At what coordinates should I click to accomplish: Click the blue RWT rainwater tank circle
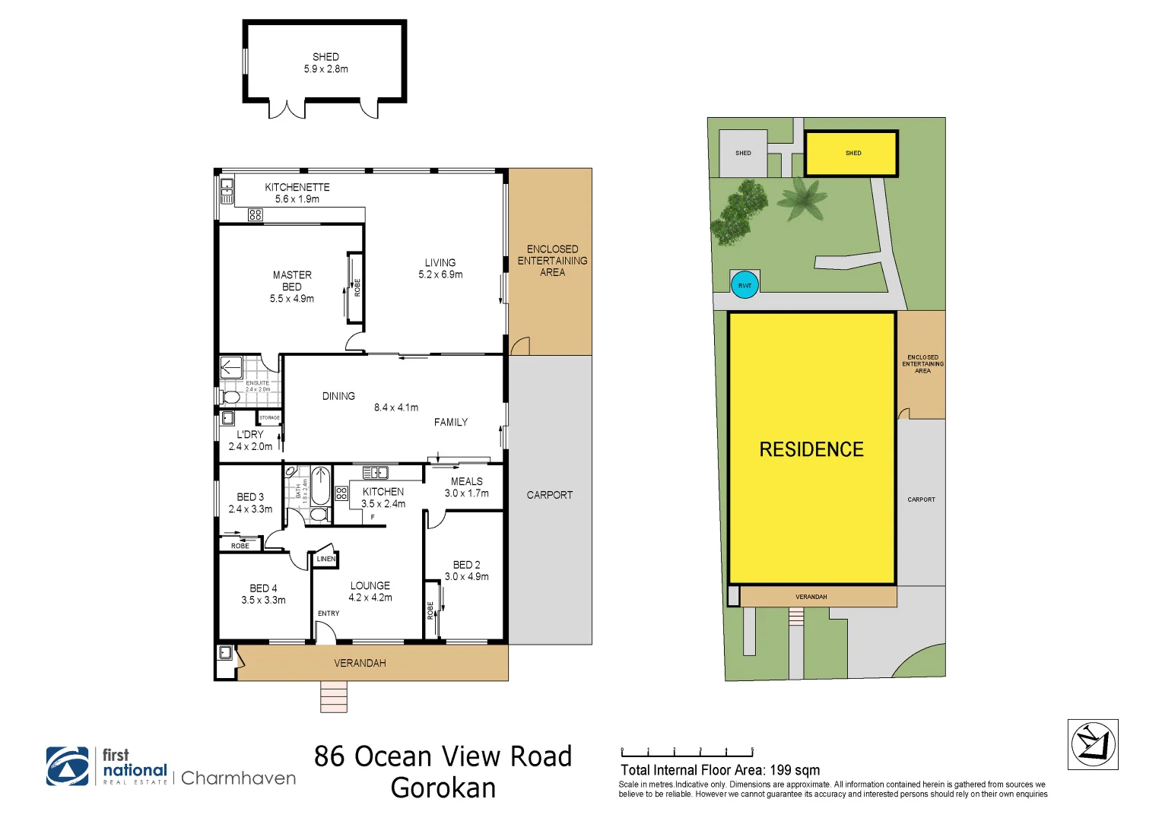[745, 285]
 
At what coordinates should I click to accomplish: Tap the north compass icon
[1093, 744]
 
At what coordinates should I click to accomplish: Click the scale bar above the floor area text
[687, 753]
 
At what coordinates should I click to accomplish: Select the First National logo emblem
[68, 766]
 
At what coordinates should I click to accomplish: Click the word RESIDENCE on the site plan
[811, 449]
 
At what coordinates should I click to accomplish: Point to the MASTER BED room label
[292, 281]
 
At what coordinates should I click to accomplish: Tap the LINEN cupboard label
[325, 559]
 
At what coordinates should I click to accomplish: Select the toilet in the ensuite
[231, 398]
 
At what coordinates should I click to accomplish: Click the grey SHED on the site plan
[743, 153]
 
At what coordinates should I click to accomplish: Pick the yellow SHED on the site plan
[852, 153]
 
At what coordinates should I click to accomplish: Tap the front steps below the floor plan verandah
[333, 696]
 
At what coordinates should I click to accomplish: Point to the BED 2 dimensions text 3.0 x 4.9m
[466, 577]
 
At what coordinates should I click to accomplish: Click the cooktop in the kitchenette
[256, 215]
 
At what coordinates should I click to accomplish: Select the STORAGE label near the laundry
[269, 417]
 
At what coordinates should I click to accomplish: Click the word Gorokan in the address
[443, 788]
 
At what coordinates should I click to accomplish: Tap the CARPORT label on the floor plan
[549, 495]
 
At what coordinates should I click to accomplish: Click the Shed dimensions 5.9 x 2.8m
[325, 69]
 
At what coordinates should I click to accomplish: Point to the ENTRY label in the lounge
[329, 613]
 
